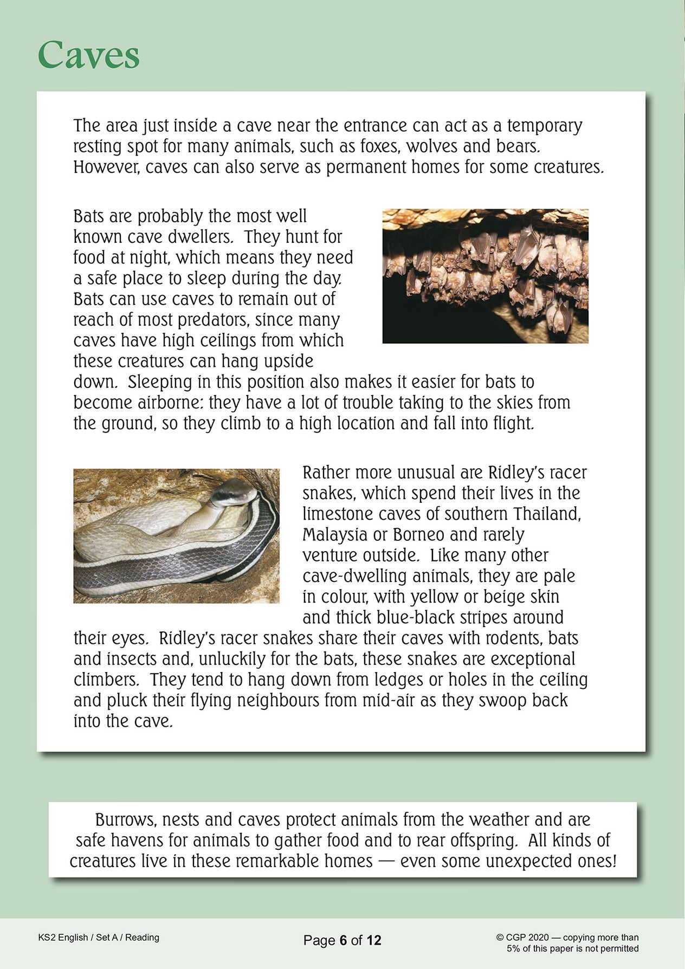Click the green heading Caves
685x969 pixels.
click(88, 55)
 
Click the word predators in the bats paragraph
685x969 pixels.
click(220, 320)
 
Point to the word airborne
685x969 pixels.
click(173, 403)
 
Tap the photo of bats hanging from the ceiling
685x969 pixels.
click(485, 276)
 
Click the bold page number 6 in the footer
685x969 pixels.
click(343, 940)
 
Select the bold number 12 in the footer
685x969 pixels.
click(374, 940)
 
